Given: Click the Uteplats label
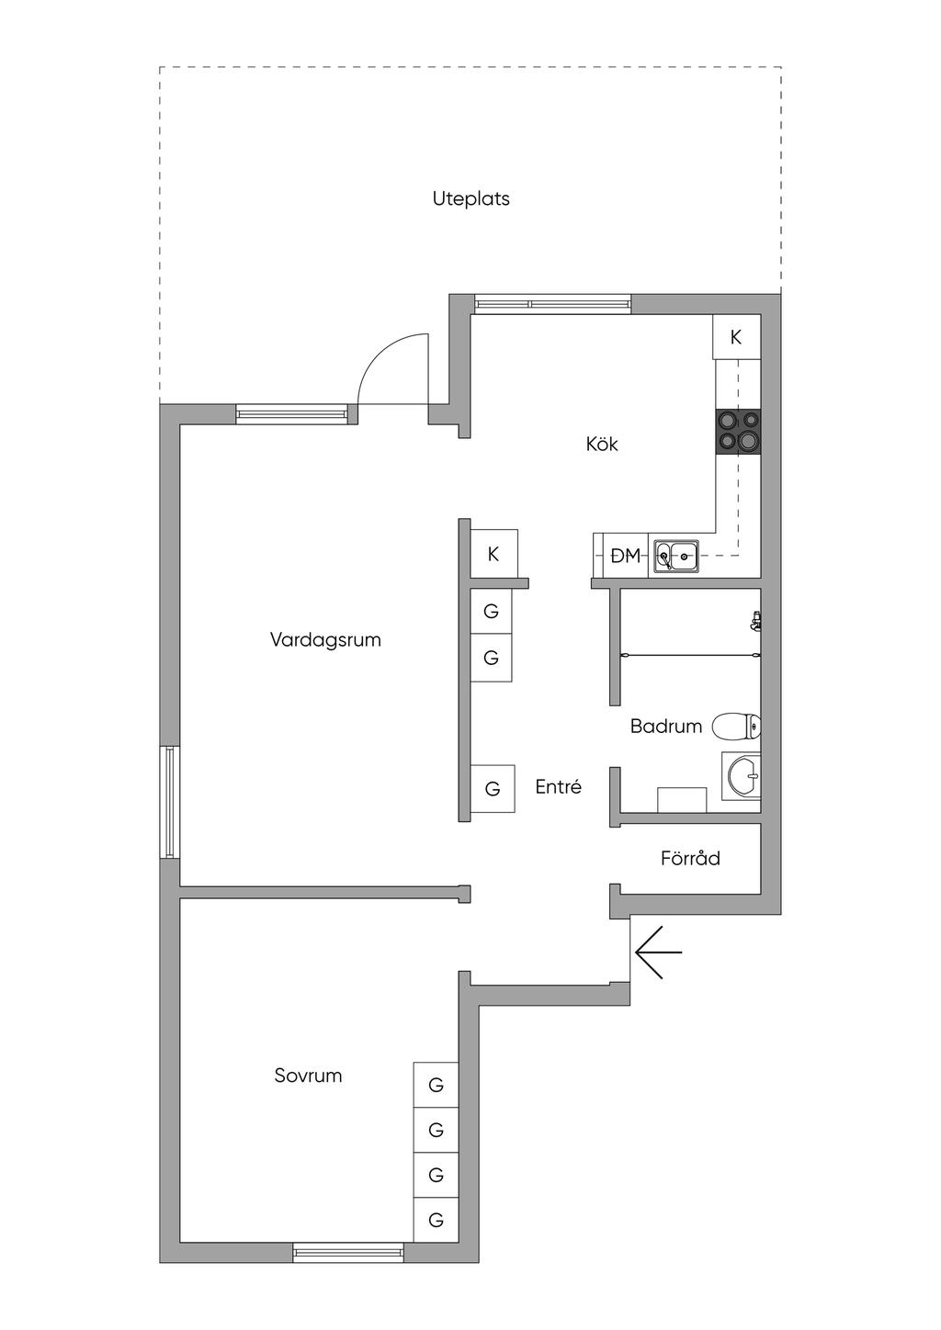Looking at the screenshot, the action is click(x=470, y=198).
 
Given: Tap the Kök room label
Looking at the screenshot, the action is click(x=602, y=445).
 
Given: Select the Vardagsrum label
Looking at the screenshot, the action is click(x=325, y=640).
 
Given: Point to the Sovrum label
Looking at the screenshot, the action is click(x=308, y=1076).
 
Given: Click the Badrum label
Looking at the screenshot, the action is click(x=666, y=727).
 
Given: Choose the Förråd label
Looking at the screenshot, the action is click(x=690, y=858).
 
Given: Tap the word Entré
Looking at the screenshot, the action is click(x=559, y=787).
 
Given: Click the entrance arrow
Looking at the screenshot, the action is click(x=658, y=952).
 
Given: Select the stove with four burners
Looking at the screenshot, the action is click(x=739, y=432).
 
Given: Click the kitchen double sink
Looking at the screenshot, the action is click(x=676, y=557).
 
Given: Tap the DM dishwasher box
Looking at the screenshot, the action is click(x=625, y=556).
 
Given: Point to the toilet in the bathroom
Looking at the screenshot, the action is click(x=737, y=727).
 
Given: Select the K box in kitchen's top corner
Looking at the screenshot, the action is click(x=737, y=337).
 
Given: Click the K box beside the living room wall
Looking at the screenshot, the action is click(x=493, y=554).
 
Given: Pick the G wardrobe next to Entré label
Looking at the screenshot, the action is click(x=493, y=788).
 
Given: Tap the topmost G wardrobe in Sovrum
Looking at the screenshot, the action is click(x=436, y=1085).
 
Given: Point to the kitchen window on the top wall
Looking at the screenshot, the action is click(x=552, y=304).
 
